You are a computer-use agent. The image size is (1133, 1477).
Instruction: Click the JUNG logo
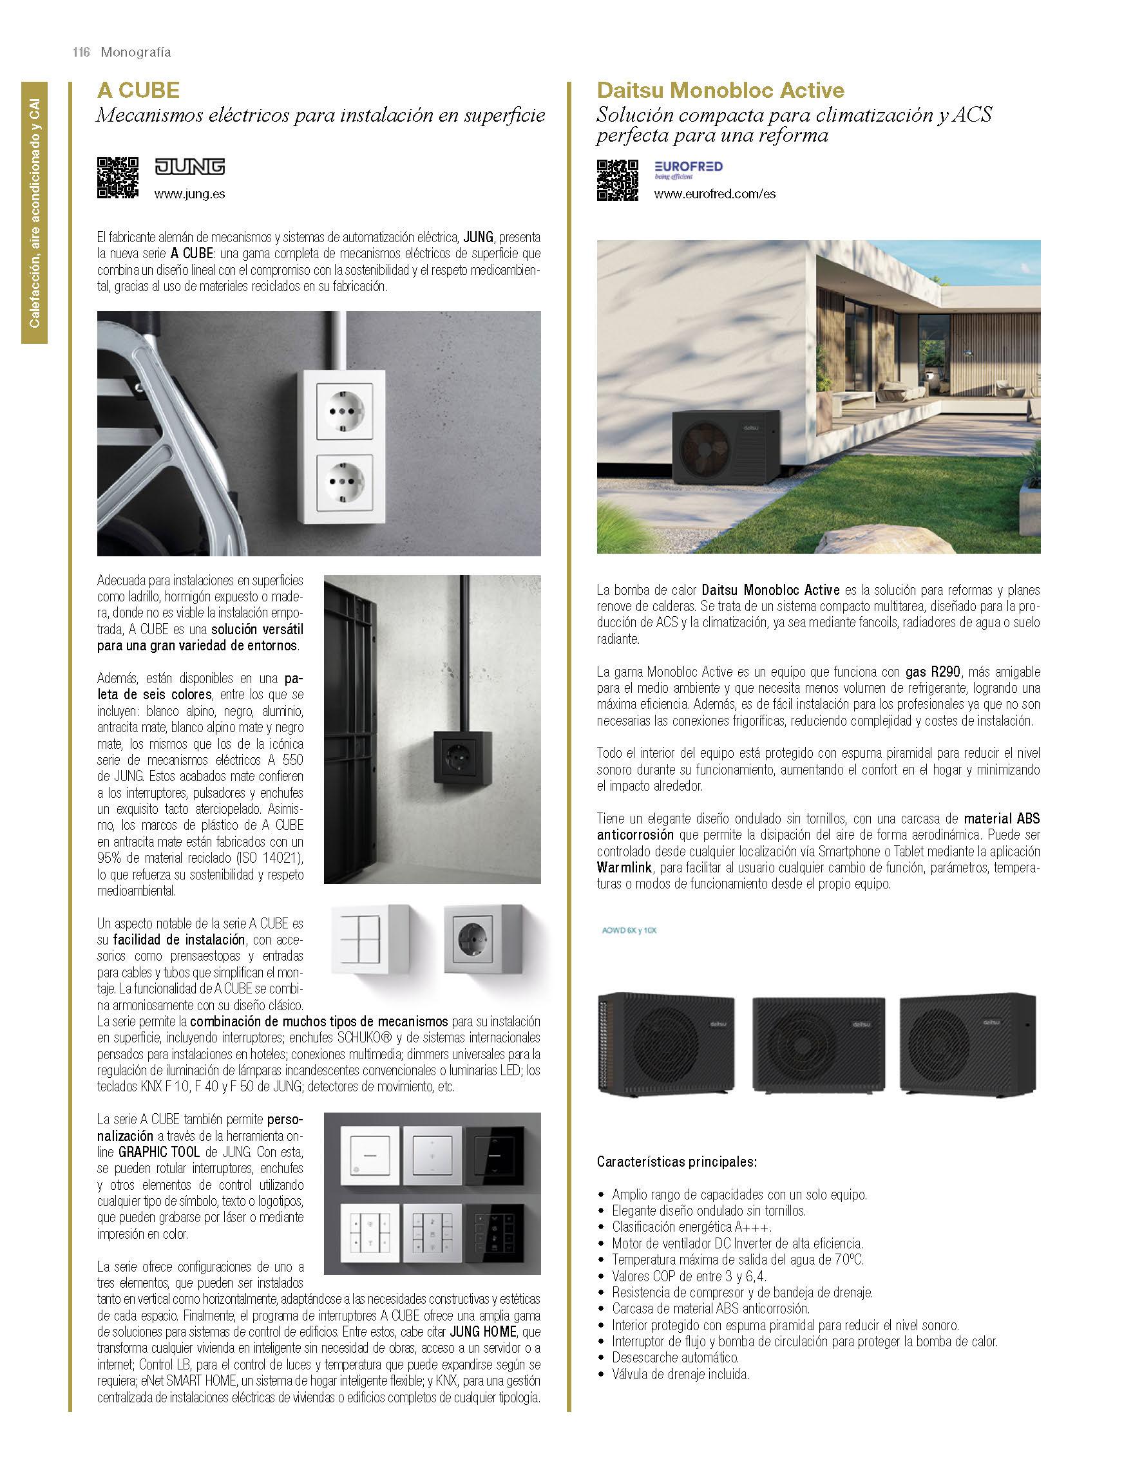click(189, 167)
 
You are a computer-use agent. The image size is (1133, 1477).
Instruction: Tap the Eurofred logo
click(688, 169)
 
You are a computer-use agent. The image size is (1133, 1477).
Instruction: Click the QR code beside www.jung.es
click(118, 177)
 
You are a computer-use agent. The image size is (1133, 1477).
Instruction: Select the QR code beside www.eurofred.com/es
click(617, 180)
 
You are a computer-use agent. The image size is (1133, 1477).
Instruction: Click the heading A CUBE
click(138, 90)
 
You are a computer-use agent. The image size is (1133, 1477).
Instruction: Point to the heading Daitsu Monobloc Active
click(720, 90)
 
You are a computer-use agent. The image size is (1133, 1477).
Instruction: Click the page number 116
click(82, 53)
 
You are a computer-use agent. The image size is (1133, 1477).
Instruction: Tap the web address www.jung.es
click(189, 194)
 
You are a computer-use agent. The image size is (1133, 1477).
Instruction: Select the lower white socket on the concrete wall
click(346, 482)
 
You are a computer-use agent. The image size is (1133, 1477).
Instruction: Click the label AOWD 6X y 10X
click(628, 930)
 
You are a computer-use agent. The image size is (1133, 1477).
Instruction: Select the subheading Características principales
click(676, 1162)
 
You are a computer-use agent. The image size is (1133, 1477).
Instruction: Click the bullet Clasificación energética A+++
click(691, 1227)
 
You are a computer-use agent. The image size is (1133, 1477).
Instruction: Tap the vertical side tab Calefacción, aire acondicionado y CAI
click(34, 213)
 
